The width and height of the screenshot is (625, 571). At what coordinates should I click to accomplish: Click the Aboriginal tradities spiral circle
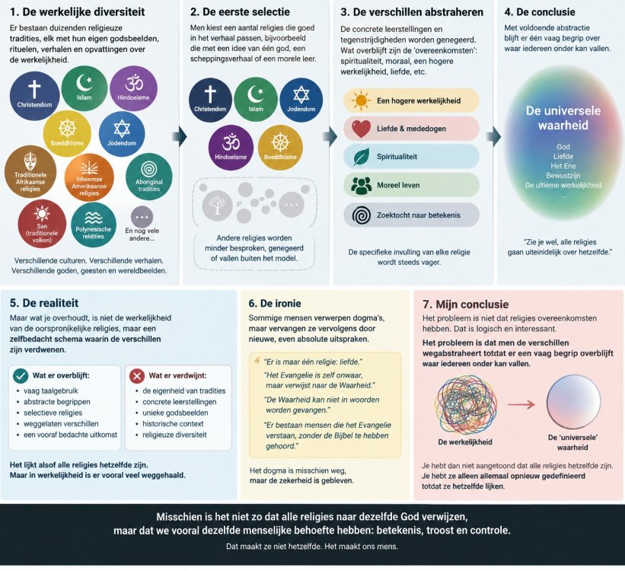point(149,177)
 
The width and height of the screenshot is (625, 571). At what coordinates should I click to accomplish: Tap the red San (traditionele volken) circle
point(42,223)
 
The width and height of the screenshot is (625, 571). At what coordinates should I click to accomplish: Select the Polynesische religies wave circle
point(94,225)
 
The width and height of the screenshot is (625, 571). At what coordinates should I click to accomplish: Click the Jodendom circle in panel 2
point(301,99)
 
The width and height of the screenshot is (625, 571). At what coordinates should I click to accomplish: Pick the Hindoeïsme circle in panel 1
point(133,88)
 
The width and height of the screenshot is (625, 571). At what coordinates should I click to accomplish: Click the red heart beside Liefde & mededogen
point(361,129)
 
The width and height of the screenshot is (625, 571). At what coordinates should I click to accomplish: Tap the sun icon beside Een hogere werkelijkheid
point(361,100)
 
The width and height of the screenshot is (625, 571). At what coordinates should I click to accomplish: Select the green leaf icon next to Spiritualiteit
point(361,157)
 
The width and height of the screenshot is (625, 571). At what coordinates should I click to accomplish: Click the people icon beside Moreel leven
point(361,185)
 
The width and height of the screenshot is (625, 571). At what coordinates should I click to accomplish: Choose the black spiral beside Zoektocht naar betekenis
point(362,215)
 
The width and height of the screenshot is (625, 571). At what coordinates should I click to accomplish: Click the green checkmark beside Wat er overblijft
point(21,375)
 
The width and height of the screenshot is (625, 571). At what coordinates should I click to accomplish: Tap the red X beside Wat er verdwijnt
point(137,375)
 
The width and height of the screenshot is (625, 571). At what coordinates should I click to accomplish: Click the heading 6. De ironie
point(275,304)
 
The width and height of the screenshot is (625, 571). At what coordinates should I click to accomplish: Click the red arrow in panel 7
point(521,404)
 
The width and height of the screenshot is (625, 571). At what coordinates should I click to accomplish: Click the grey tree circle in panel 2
point(217,205)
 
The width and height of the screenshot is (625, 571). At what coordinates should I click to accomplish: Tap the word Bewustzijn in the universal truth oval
point(563,175)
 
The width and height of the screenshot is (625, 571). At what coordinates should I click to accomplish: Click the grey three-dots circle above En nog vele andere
point(142,217)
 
